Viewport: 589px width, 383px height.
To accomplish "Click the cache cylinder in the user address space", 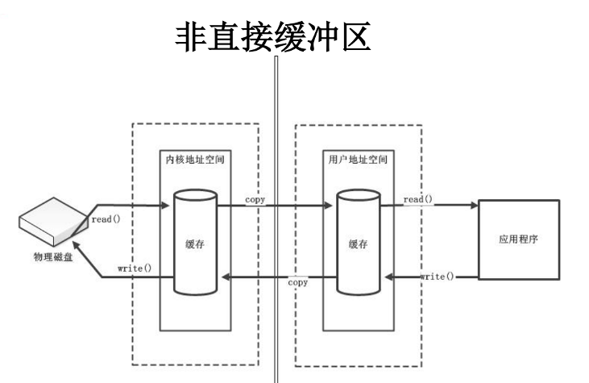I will [357, 242].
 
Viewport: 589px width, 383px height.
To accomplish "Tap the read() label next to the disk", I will [106, 219].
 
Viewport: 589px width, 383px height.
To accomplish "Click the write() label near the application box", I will [438, 276].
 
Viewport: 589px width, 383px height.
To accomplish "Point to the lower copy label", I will [297, 283].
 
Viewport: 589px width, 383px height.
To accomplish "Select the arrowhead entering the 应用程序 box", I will [473, 206].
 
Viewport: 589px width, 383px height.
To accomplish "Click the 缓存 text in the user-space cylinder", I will [358, 245].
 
